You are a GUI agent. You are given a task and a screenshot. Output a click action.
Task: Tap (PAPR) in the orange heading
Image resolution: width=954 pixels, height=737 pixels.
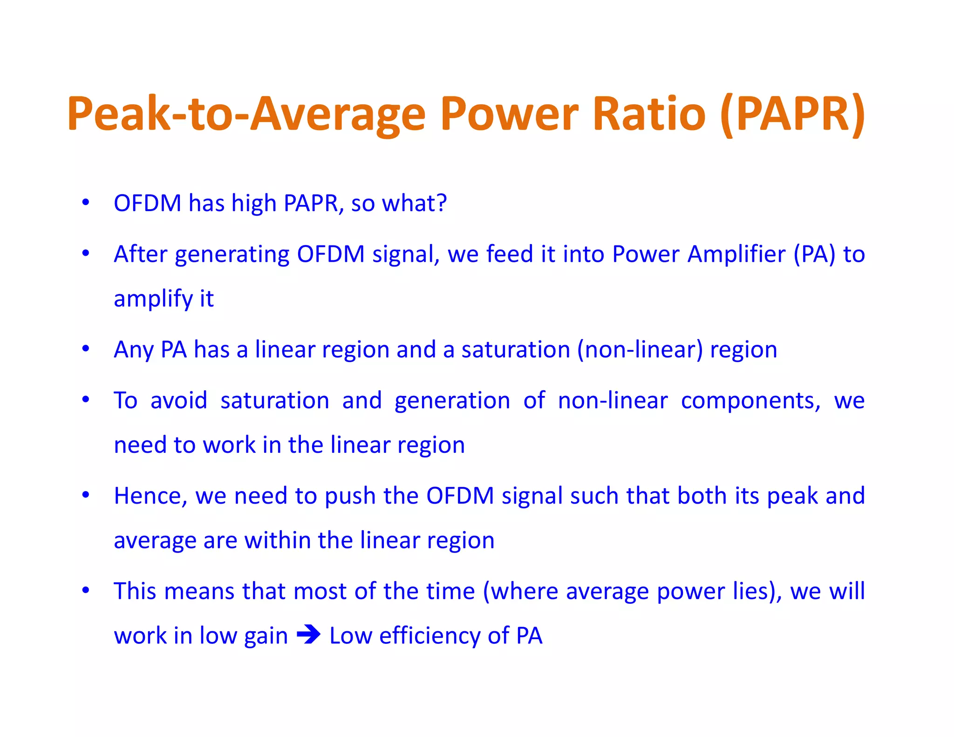tap(792, 114)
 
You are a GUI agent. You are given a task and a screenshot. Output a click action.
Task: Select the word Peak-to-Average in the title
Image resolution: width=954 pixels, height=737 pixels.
tap(246, 114)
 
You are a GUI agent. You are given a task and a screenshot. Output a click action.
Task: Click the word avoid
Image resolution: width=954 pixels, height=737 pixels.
tap(178, 401)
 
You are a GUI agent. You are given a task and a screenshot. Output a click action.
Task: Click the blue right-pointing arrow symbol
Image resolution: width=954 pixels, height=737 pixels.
tap(308, 635)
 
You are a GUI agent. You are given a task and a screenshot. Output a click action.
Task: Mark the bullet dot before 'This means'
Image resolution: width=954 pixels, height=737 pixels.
tap(85, 590)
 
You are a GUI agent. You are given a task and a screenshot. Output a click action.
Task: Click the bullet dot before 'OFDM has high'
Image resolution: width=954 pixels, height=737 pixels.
tap(85, 202)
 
